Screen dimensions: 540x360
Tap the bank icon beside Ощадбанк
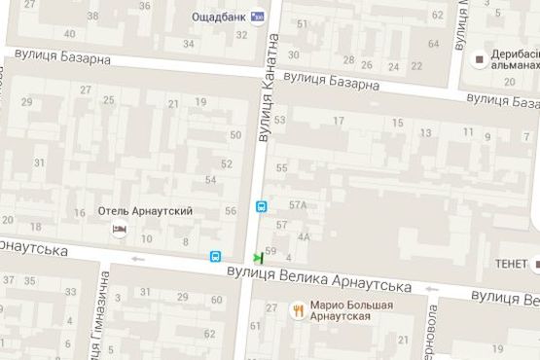coord(257,16)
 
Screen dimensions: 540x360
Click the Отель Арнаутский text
coord(147,211)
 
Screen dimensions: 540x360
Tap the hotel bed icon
coord(119,230)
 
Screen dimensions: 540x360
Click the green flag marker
coord(258,257)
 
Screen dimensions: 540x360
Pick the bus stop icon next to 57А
coord(262,207)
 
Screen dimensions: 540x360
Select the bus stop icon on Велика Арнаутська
coord(215,257)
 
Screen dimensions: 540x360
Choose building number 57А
coord(298,204)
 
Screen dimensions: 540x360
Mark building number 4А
coord(305,236)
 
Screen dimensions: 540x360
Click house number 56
coord(231,211)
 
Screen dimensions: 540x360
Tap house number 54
coord(211,180)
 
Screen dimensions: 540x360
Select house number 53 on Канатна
coord(280,121)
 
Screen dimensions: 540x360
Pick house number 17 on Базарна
coord(339,121)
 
